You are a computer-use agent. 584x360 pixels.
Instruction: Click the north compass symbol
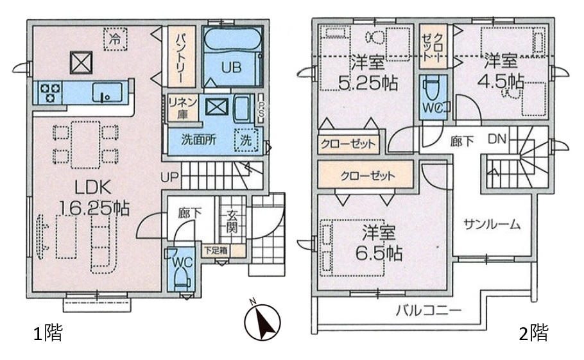(262, 321)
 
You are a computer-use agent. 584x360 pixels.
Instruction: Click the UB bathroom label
(231, 67)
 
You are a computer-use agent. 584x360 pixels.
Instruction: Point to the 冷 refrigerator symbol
(116, 39)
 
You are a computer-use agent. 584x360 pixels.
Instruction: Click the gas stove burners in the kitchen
(50, 92)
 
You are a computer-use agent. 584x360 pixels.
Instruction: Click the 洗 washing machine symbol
(246, 140)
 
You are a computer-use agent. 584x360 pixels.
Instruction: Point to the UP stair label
(170, 177)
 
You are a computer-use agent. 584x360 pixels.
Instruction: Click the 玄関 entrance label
(232, 221)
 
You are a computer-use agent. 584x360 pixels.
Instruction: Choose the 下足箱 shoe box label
(215, 250)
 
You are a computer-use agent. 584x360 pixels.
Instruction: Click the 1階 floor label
(47, 332)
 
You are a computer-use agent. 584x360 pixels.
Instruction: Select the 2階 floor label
(534, 332)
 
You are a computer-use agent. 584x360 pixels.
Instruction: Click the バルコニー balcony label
(428, 310)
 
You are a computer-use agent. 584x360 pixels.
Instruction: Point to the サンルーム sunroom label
(492, 224)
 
